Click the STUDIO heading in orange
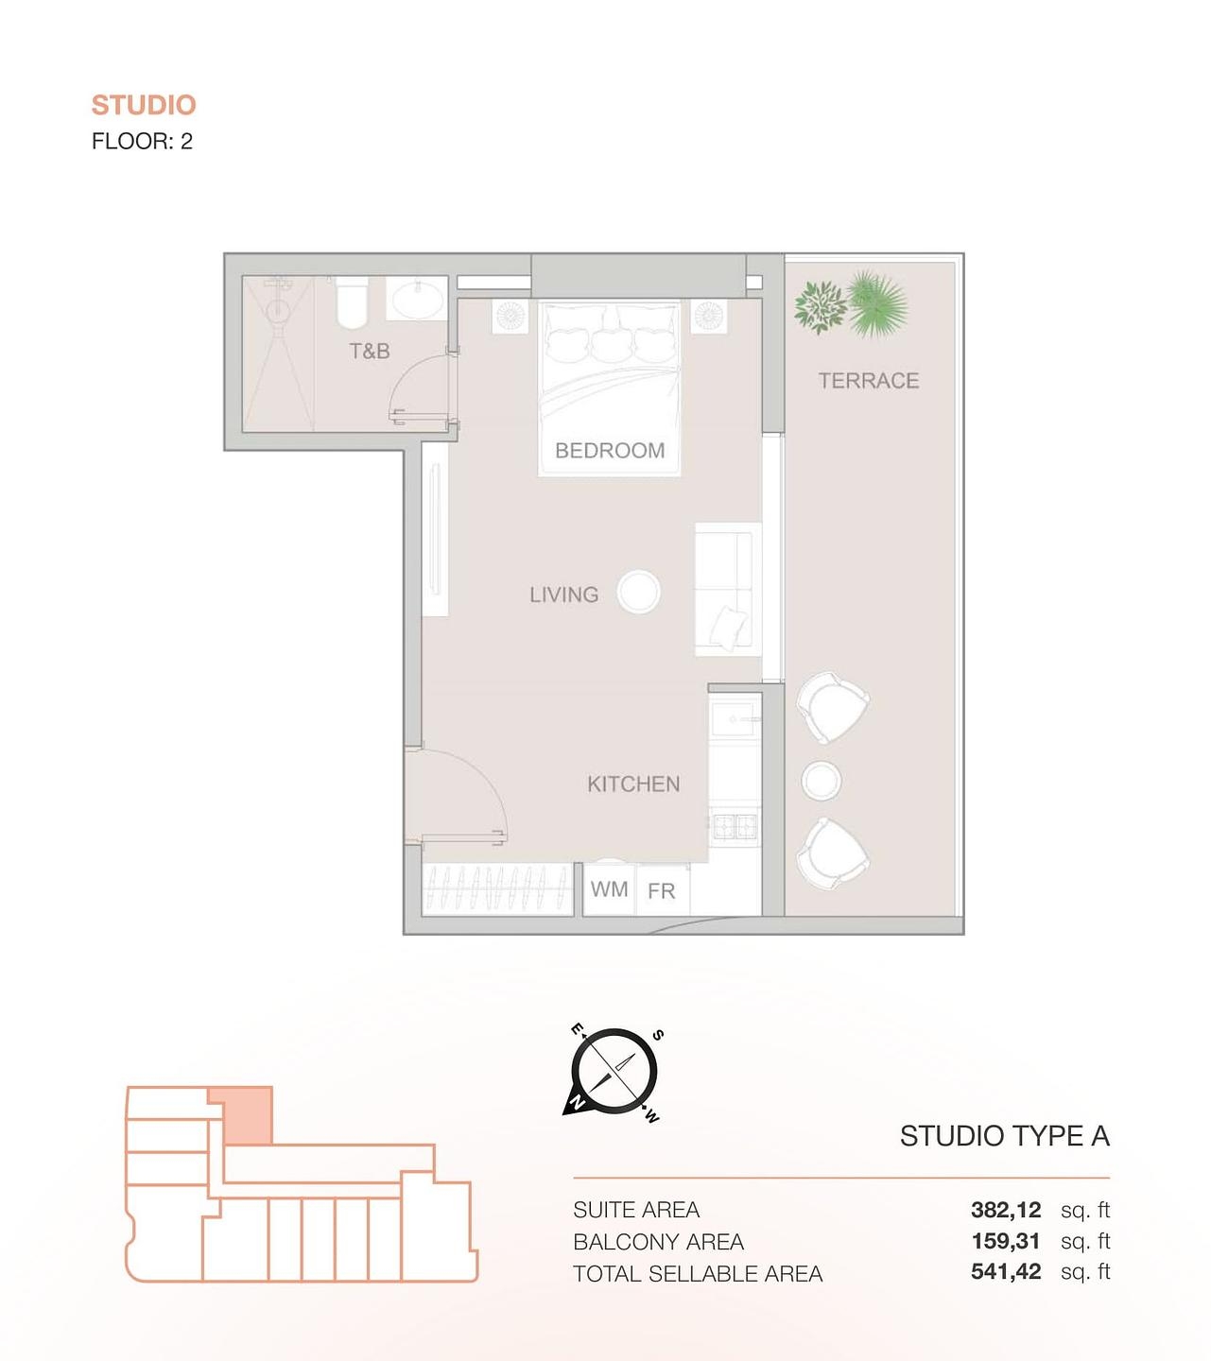tap(144, 105)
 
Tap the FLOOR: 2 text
tap(142, 142)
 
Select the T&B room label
tap(370, 352)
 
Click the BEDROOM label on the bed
tap(610, 451)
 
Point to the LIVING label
tap(564, 594)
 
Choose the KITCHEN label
tap(633, 784)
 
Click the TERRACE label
tap(869, 381)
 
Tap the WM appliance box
tap(610, 889)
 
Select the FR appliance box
tap(662, 891)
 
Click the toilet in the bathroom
tap(351, 300)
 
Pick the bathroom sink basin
tap(417, 300)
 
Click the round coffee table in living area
tap(639, 593)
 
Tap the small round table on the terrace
tap(821, 781)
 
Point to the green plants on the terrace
tap(851, 305)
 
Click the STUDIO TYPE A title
tap(1004, 1136)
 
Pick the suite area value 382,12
tap(1006, 1210)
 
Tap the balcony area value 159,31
tap(1006, 1241)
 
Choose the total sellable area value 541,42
tap(1006, 1272)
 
